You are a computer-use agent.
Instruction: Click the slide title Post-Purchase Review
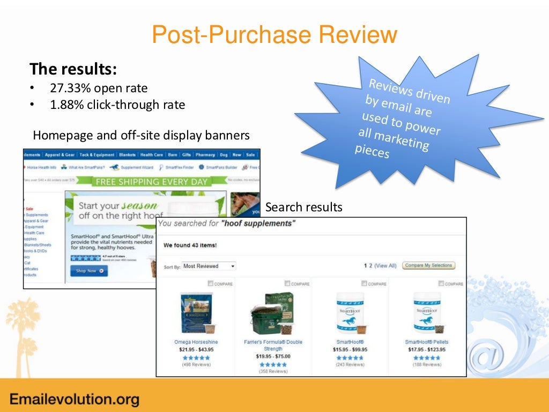(x=274, y=35)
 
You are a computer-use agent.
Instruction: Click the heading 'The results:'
(x=73, y=69)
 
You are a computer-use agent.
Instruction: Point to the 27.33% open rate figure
(x=99, y=88)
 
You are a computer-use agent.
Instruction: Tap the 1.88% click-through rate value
(x=117, y=105)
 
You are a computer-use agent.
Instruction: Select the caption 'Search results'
(x=303, y=207)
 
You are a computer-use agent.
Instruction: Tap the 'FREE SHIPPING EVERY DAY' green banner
(x=151, y=182)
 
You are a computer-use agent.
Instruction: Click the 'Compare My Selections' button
(x=428, y=265)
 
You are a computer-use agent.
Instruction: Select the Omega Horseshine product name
(x=196, y=342)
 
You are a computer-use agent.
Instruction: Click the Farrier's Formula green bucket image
(x=272, y=313)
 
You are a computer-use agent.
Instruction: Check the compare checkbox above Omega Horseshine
(x=210, y=283)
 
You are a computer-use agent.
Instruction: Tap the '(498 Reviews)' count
(x=196, y=365)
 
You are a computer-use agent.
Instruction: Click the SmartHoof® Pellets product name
(x=427, y=342)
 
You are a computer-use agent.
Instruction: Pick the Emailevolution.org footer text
(x=75, y=399)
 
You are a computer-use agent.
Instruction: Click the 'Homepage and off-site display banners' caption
(x=141, y=135)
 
